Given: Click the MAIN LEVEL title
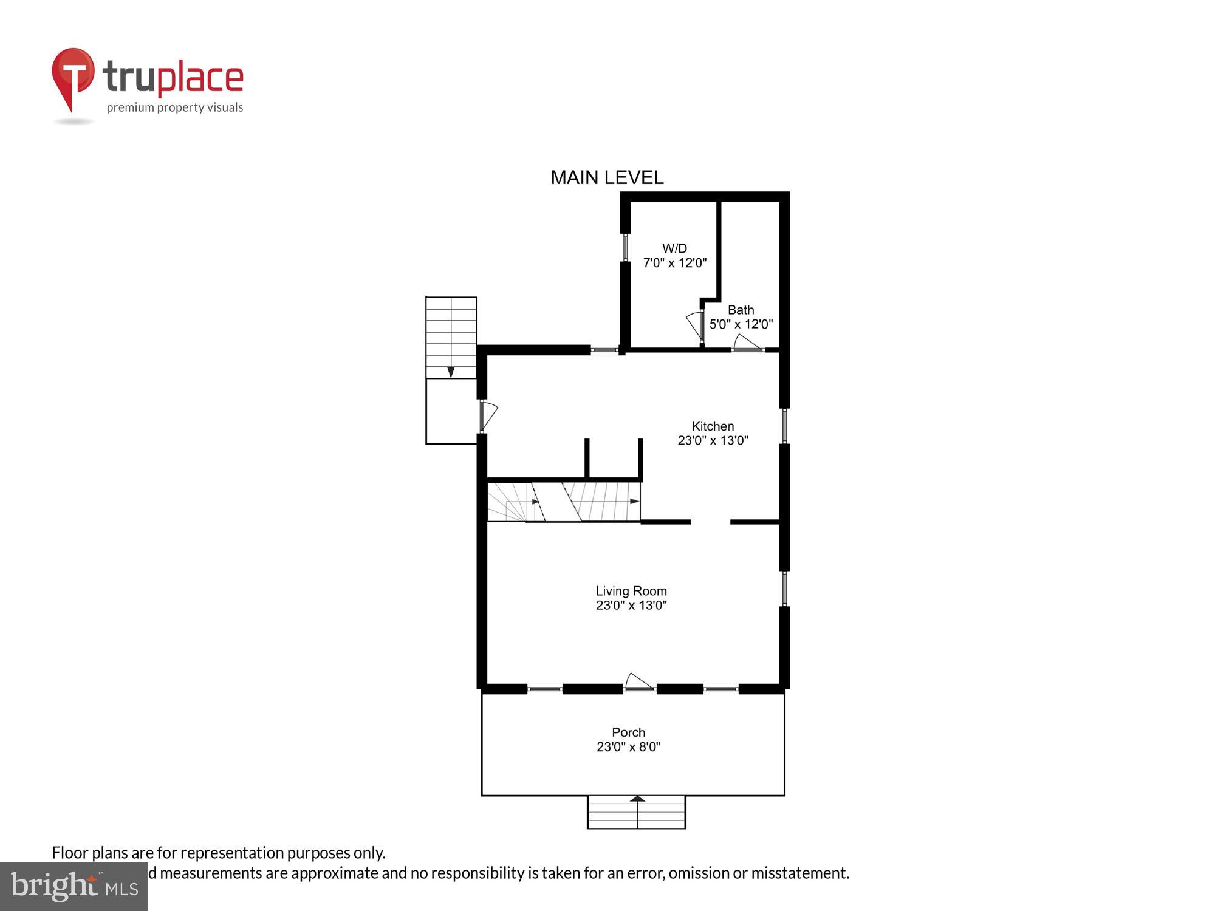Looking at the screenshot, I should (x=607, y=177).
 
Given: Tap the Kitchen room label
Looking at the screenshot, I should (x=713, y=426).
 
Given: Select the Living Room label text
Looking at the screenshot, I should (x=631, y=591).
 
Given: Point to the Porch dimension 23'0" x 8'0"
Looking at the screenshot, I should (x=628, y=747).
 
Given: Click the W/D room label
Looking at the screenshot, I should (x=674, y=248).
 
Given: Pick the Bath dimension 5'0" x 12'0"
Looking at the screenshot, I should (x=741, y=324).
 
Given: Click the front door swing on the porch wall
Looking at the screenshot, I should (x=638, y=682).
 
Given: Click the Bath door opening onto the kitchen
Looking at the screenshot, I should (x=747, y=344).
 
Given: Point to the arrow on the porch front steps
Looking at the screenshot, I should (x=637, y=799).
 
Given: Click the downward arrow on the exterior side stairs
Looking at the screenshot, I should (x=451, y=372).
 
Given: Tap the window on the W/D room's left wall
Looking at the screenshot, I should (x=625, y=247).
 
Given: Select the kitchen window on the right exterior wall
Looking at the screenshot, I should (x=784, y=426).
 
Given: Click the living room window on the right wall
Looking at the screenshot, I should (x=784, y=588).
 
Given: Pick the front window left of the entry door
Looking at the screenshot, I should (x=544, y=689).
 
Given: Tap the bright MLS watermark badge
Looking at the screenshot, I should (x=74, y=887).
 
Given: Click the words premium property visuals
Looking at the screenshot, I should (x=175, y=108).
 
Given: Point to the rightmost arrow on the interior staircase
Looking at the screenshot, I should (x=634, y=501).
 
